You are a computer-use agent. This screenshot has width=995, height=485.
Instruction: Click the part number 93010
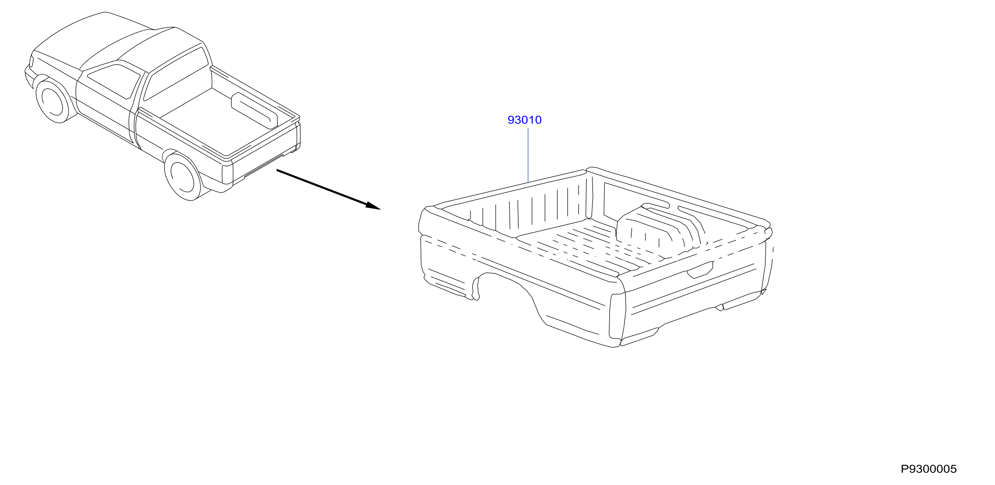coord(524,120)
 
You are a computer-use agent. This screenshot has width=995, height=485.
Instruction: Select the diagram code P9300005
coord(928,469)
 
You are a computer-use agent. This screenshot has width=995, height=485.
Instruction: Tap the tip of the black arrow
coord(380,209)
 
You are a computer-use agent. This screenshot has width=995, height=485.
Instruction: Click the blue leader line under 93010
coord(528,155)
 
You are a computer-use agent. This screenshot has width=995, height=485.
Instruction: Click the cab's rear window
coord(176,74)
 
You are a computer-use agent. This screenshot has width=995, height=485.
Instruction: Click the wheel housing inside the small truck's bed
coord(254,110)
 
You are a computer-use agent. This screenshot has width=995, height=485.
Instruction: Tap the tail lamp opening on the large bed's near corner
coord(617,316)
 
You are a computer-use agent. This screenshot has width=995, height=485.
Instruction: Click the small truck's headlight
coord(31,62)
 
